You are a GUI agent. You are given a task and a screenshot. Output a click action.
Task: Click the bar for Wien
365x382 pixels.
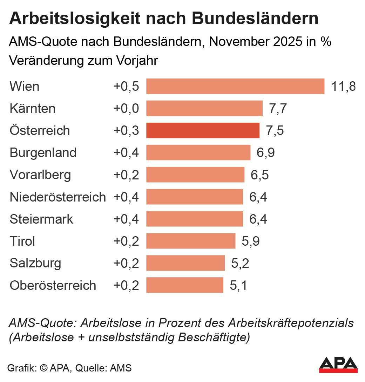coord(235,86)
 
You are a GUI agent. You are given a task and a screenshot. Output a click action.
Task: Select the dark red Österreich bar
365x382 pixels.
coord(203,130)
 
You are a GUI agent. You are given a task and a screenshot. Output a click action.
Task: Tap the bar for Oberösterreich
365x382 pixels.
coord(185,285)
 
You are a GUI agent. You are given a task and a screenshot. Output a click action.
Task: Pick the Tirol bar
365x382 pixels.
coord(191,241)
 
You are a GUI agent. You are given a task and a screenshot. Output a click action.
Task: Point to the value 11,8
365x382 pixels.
coord(344,86)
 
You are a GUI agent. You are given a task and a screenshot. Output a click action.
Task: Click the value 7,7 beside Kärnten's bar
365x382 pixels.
coord(278,108)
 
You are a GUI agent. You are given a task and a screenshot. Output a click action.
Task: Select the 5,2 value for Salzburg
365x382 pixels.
coord(240,263)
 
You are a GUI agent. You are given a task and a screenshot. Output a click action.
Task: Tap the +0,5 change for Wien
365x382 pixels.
coord(126,86)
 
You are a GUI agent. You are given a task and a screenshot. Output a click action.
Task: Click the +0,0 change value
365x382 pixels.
coord(126,108)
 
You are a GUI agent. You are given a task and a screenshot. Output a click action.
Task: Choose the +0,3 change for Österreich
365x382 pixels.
coord(126,130)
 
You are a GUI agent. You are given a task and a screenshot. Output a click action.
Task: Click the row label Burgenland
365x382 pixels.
coord(43,152)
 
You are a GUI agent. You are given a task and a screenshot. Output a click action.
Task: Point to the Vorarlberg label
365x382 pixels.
coord(40,175)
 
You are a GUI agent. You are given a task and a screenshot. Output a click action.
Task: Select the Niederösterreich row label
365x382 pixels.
coord(58,197)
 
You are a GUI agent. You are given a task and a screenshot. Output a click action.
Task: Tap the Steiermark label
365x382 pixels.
coord(41,219)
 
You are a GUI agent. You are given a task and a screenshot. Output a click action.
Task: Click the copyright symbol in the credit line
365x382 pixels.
coord(44,368)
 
